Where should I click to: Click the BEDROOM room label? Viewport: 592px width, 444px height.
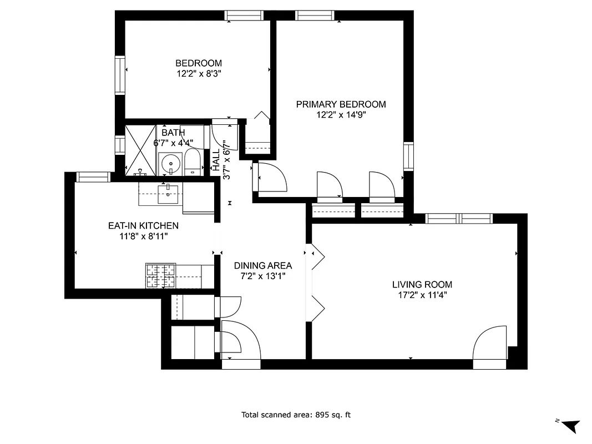pos(199,63)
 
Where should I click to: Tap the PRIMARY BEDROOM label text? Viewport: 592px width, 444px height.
pos(341,104)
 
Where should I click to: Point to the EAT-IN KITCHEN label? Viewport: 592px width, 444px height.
pos(143,225)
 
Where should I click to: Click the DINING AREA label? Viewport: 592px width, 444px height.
pos(262,265)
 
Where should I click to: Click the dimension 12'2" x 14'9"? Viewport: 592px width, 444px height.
pos(341,115)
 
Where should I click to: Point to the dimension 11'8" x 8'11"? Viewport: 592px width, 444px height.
pos(143,236)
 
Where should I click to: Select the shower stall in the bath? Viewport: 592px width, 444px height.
pos(140,148)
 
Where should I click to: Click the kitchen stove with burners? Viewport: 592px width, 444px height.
pos(161,276)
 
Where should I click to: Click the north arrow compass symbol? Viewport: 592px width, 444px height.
pos(570,425)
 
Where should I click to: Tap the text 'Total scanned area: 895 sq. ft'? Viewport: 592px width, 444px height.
pos(296,415)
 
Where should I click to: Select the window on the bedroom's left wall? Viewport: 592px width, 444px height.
pos(120,74)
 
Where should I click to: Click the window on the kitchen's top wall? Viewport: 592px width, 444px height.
pos(93,177)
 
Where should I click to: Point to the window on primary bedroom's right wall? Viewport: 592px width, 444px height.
pos(408,157)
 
